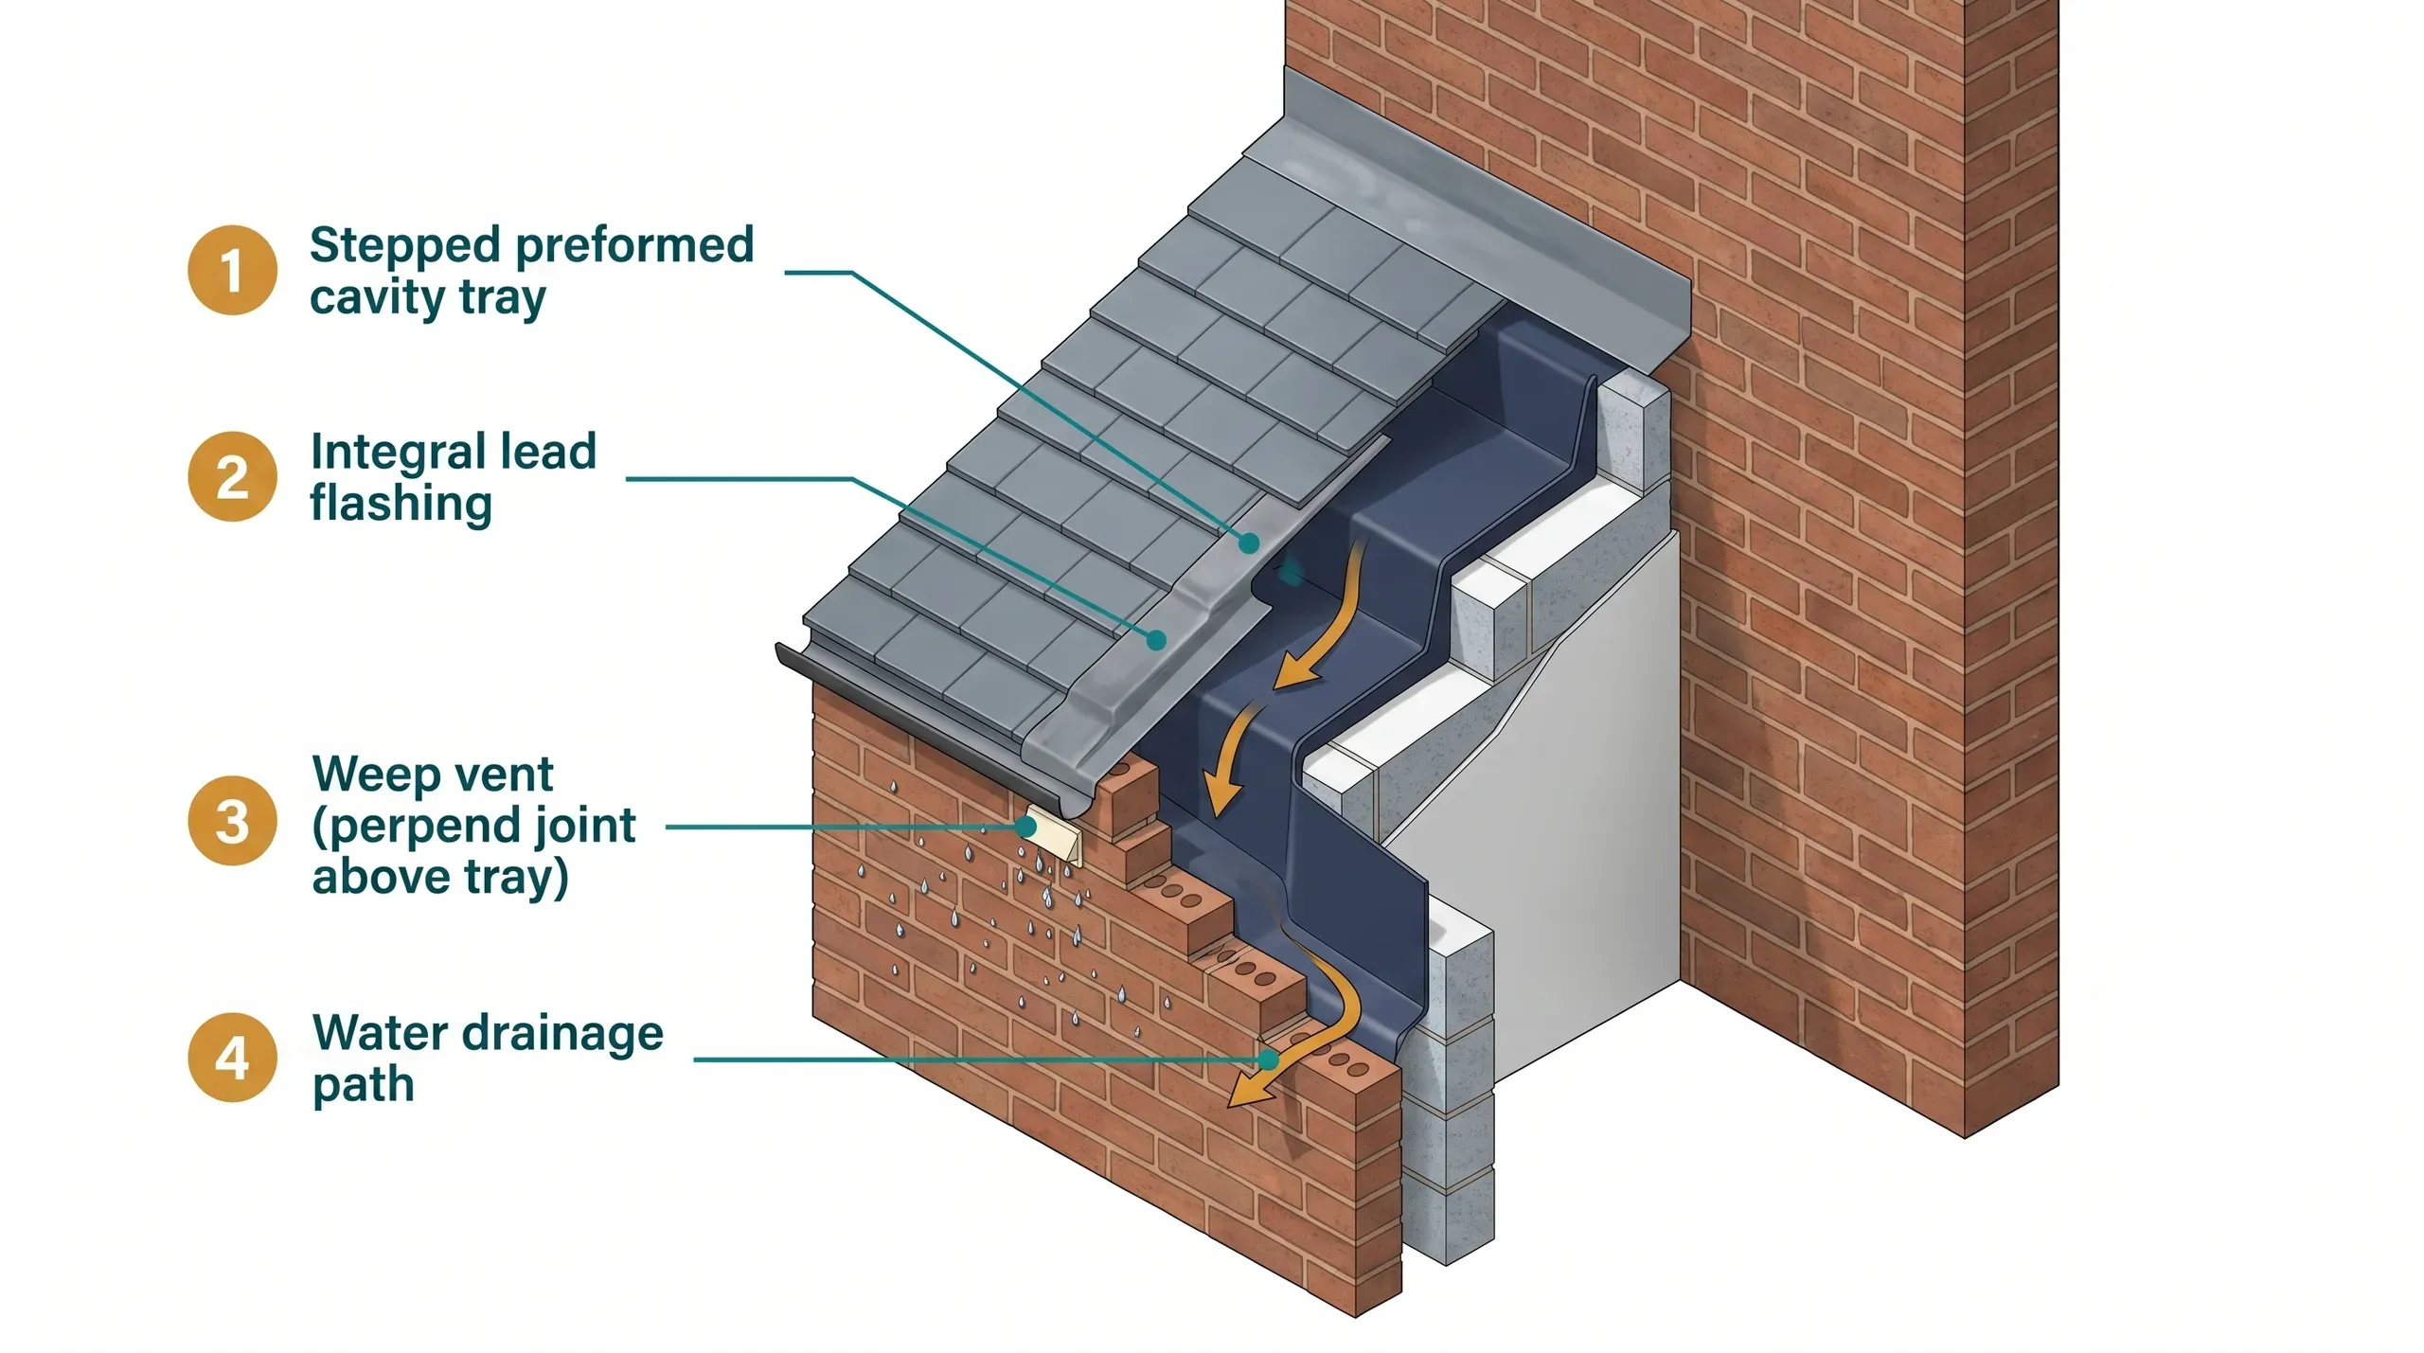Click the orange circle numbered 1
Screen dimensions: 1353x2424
pyautogui.click(x=232, y=270)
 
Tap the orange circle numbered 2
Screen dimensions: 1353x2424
pyautogui.click(x=232, y=476)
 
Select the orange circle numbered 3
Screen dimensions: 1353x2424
pyautogui.click(x=232, y=821)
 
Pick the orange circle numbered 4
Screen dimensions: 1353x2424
pyautogui.click(x=232, y=1058)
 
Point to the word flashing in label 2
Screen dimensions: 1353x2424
pyautogui.click(x=401, y=503)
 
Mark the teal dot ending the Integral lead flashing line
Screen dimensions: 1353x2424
pyautogui.click(x=1155, y=641)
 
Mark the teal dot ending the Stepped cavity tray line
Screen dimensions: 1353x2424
pyautogui.click(x=1250, y=543)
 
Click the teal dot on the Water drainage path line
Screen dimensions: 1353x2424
pyautogui.click(x=1268, y=1059)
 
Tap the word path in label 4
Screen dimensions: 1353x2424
pyautogui.click(x=363, y=1085)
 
